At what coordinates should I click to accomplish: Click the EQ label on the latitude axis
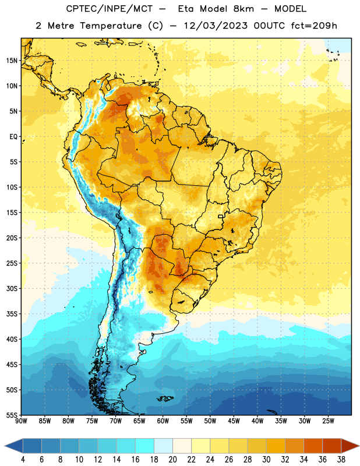click(13, 137)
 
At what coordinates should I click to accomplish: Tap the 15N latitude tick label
click(12, 61)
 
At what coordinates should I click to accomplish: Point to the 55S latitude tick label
click(12, 415)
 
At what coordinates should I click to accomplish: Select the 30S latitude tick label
click(12, 288)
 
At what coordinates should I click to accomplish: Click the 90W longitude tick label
click(21, 421)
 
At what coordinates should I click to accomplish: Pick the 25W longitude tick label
click(328, 421)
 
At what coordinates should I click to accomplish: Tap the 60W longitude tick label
click(163, 421)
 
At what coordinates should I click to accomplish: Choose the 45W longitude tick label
click(234, 421)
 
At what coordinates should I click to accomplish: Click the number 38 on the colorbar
click(341, 460)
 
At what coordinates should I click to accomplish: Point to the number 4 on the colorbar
click(23, 460)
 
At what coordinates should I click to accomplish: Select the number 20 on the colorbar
click(172, 460)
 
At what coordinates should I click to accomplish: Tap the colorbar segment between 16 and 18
click(144, 446)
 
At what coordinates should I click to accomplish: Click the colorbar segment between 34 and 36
click(313, 446)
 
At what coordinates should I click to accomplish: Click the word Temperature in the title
click(111, 26)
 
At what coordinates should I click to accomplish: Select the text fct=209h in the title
click(314, 26)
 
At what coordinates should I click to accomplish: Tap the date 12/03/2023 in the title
click(216, 26)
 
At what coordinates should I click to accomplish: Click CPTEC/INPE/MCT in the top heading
click(109, 9)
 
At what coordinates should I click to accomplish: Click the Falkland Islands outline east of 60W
click(165, 398)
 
